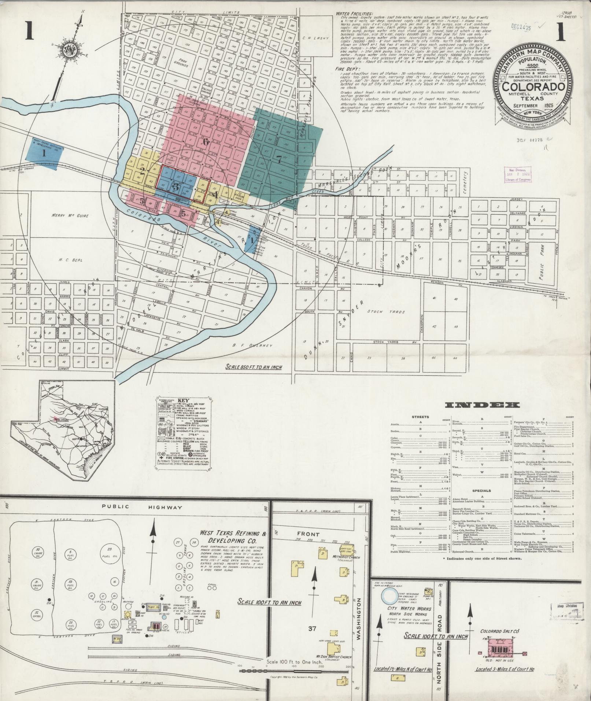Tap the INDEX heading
pyautogui.click(x=482, y=405)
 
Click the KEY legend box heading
pyautogui.click(x=183, y=400)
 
